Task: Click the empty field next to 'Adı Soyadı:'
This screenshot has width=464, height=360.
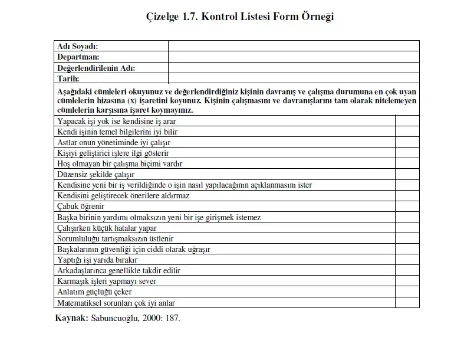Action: tap(294, 46)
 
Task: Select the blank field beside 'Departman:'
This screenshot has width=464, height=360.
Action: tap(294, 57)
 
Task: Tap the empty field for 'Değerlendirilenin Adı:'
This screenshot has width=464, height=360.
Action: tap(294, 67)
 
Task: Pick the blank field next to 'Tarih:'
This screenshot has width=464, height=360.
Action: tap(294, 78)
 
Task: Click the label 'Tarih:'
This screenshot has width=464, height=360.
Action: tap(68, 78)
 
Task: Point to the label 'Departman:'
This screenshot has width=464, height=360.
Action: tap(78, 57)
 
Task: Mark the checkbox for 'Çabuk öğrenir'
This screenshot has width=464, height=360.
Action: tap(407, 206)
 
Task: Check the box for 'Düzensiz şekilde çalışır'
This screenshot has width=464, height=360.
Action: tap(407, 174)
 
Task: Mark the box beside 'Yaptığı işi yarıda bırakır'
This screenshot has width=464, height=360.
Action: tap(407, 260)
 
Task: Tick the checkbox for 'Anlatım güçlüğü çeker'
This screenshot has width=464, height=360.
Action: tap(407, 292)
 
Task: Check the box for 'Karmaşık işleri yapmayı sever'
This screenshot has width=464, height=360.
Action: tap(407, 281)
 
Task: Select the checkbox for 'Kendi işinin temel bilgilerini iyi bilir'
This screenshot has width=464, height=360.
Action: tap(407, 132)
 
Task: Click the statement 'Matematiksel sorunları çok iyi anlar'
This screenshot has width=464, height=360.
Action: tap(116, 303)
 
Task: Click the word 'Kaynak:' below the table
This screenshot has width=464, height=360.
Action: tap(71, 318)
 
